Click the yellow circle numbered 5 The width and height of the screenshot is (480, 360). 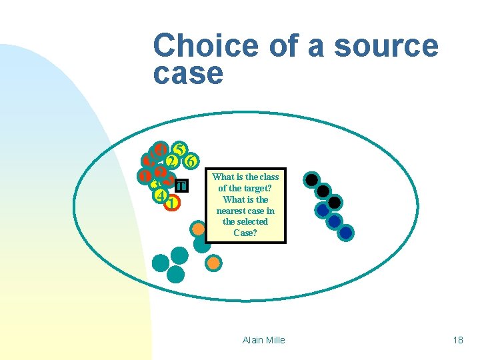coord(179,150)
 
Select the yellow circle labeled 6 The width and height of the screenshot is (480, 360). coord(191,161)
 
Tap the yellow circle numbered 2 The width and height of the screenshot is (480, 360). coord(172,161)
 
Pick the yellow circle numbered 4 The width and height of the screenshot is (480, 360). coord(160,195)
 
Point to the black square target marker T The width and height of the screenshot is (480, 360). coord(182,185)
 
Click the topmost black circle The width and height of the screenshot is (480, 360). coord(311,179)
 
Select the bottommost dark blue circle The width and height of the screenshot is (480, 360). coord(346,233)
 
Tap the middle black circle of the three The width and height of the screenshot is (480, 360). coord(323,191)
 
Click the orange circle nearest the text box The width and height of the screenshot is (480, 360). coord(198,229)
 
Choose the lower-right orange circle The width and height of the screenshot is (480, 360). coord(213,263)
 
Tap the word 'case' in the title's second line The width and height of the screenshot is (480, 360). coord(187,73)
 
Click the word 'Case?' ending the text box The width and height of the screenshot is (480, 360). coord(245,233)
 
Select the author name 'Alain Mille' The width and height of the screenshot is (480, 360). coord(263,340)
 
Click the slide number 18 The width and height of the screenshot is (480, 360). coord(457,340)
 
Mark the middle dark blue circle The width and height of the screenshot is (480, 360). coord(334,221)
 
